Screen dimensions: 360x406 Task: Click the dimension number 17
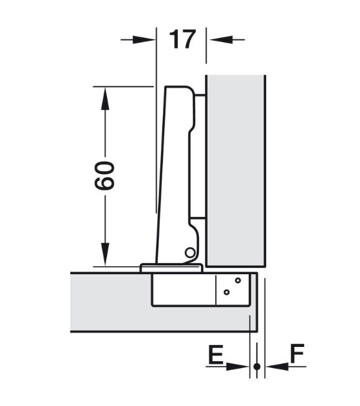click(182, 39)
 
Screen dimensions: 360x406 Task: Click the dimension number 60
click(104, 175)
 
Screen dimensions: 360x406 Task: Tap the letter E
click(216, 354)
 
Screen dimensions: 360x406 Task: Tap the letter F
click(297, 353)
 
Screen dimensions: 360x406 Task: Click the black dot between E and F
click(257, 367)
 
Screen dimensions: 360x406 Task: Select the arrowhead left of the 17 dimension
click(144, 40)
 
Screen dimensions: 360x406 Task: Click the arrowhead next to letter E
click(237, 366)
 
